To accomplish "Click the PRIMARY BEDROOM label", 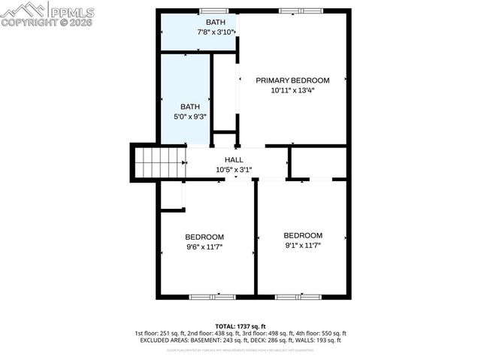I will tap(292, 80).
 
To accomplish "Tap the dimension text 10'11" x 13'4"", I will tap(292, 90).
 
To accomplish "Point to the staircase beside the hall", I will tap(159, 162).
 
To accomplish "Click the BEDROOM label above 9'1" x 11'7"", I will tap(303, 235).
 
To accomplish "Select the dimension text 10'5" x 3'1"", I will tap(234, 170).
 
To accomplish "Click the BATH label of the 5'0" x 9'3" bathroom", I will tap(190, 107).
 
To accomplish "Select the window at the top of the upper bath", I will tap(213, 11).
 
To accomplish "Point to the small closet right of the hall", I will tap(318, 162).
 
